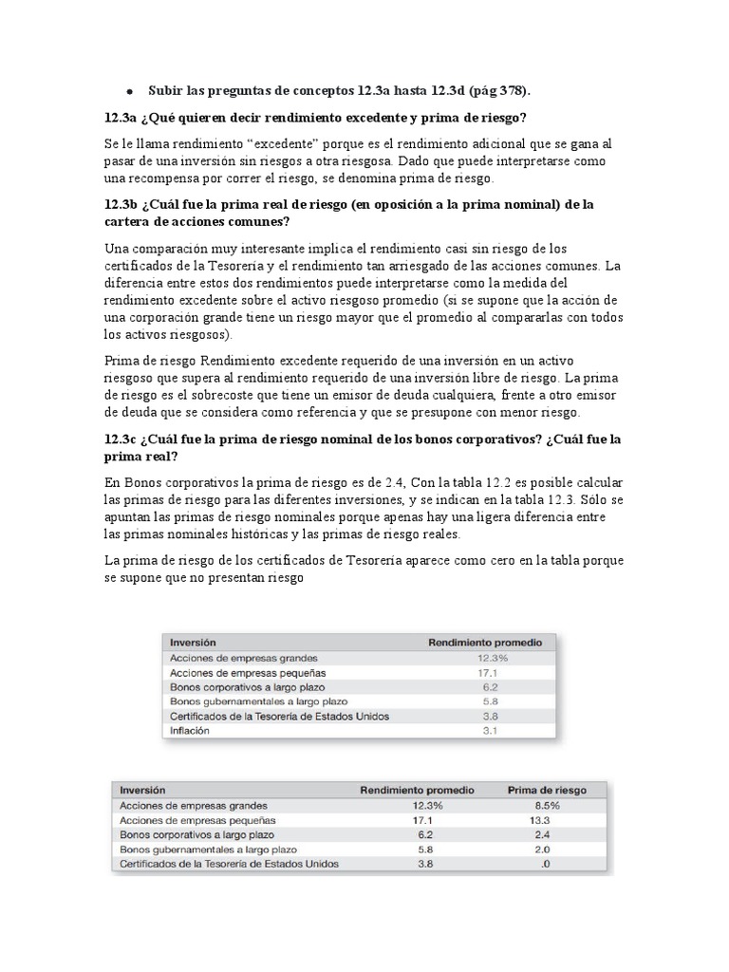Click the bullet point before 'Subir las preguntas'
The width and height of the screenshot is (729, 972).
pyautogui.click(x=128, y=91)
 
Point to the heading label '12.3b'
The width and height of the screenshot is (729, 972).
pyautogui.click(x=123, y=204)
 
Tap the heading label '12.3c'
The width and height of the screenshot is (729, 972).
pyautogui.click(x=123, y=439)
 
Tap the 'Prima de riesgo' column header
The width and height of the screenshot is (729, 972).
pyautogui.click(x=548, y=790)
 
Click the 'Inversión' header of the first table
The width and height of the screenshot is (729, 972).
pyautogui.click(x=193, y=643)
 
